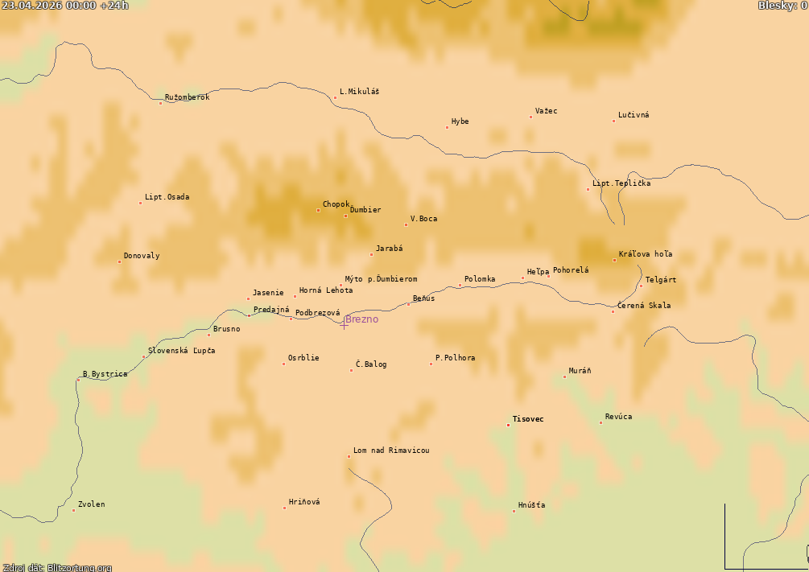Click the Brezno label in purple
(361, 319)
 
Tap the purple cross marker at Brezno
(345, 323)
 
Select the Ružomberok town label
(187, 97)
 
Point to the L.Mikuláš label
(359, 92)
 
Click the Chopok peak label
(336, 204)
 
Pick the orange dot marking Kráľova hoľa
(614, 260)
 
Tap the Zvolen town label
(91, 504)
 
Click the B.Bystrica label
(105, 374)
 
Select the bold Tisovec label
(528, 419)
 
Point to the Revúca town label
(618, 417)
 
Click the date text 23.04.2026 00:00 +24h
(64, 6)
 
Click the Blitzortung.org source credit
(56, 567)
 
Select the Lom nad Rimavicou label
(391, 451)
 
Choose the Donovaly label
(142, 256)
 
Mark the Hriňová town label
(304, 502)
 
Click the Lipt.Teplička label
(621, 183)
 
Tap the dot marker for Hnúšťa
(514, 511)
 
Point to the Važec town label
(546, 111)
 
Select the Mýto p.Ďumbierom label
(381, 279)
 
